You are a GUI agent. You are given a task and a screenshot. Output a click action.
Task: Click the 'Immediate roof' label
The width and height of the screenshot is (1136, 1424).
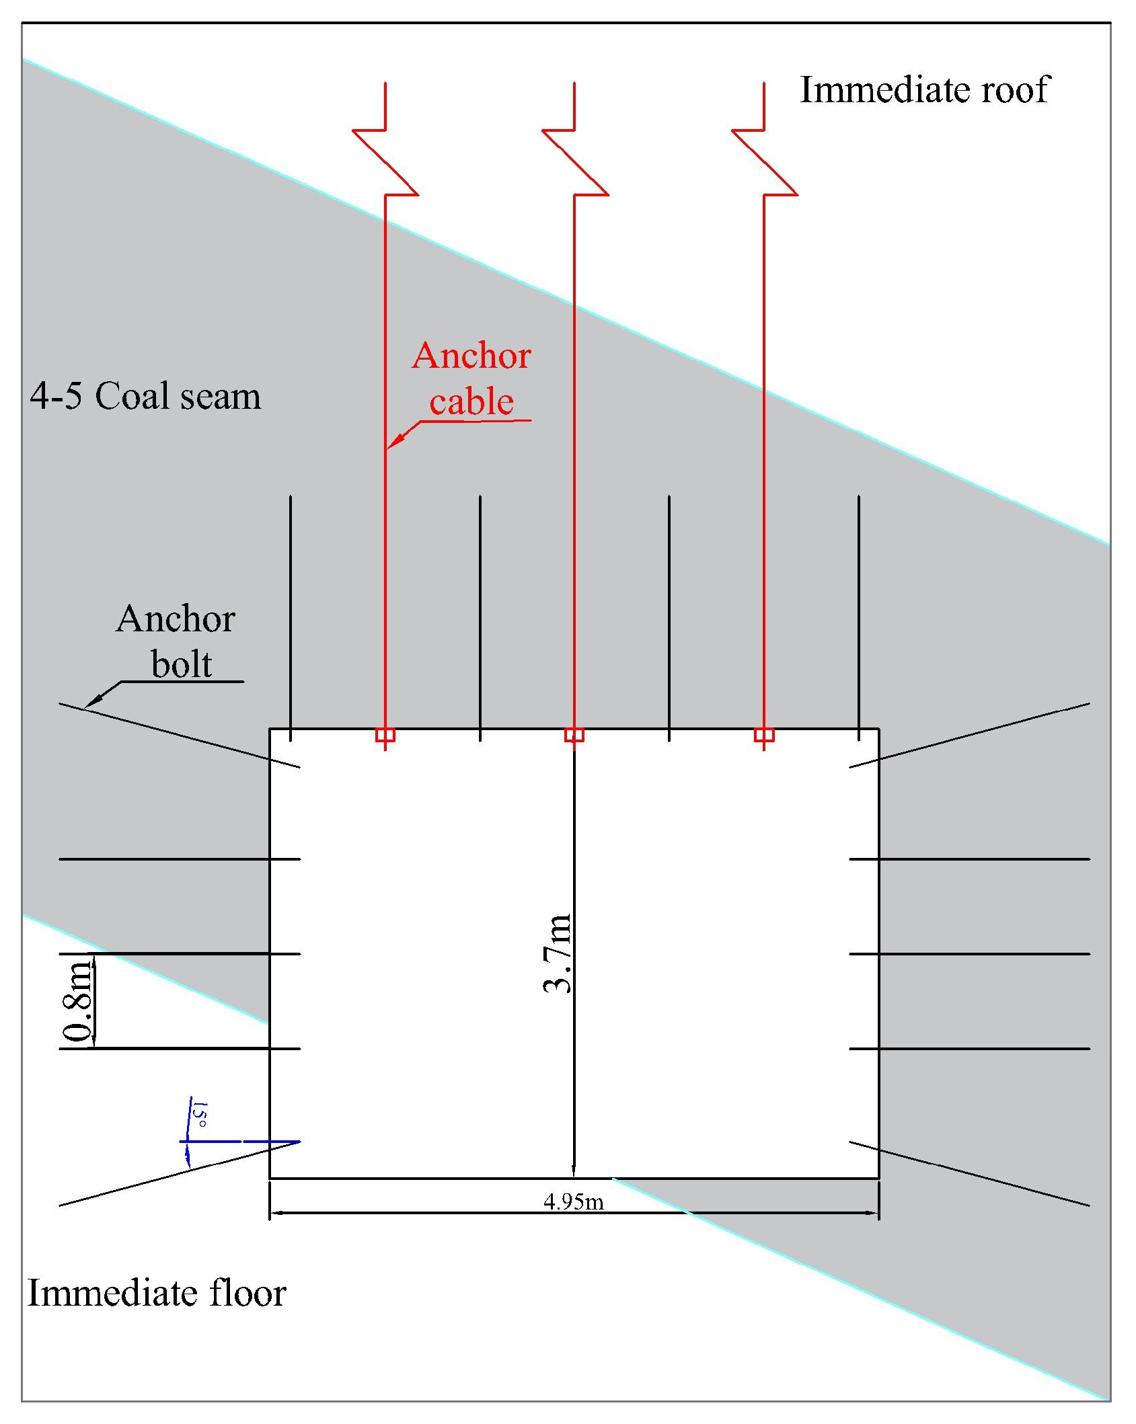pos(923,89)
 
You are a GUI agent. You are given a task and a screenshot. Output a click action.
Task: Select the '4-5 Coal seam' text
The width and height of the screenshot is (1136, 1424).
pos(145,396)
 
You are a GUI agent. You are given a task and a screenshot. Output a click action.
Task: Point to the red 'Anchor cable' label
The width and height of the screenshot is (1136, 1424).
pos(471,379)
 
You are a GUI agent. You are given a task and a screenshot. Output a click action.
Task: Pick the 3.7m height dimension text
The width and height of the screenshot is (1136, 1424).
pos(557,953)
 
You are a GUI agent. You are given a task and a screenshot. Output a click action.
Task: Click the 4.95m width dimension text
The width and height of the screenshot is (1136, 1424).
pos(574,1201)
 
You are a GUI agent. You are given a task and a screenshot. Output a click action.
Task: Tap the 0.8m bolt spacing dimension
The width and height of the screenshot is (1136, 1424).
pos(78,1001)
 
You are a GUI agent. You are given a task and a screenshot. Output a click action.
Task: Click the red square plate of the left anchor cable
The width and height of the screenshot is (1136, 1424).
pos(385,735)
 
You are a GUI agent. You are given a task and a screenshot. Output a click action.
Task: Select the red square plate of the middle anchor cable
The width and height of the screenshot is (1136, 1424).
pos(574,735)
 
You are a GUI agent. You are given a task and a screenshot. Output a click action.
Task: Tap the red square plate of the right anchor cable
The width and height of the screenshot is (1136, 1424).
pos(764,735)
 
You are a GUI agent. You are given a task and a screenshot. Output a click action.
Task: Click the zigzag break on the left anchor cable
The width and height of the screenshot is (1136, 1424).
pos(385,162)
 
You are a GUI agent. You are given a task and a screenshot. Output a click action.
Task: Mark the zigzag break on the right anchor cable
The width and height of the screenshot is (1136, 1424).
pos(764,162)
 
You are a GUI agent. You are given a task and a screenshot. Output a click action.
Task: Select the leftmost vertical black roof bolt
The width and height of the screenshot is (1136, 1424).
pos(291,619)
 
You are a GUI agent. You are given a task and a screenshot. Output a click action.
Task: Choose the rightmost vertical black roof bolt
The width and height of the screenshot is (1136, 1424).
pos(859,619)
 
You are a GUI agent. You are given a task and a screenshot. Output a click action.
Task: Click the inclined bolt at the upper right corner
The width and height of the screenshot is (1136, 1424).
pos(969,735)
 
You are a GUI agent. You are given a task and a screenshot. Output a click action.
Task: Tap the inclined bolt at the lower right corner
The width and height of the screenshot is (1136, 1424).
pos(969,1173)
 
